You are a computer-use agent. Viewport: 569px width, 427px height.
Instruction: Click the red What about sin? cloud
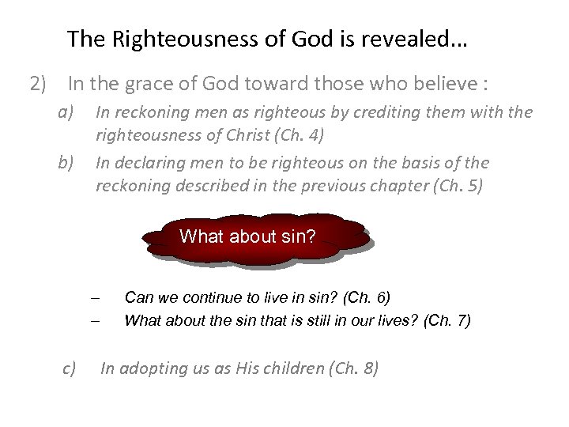(x=247, y=236)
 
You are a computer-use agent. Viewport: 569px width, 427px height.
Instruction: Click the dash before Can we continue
(x=94, y=299)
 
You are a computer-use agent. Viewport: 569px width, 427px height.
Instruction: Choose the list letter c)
(x=69, y=368)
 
